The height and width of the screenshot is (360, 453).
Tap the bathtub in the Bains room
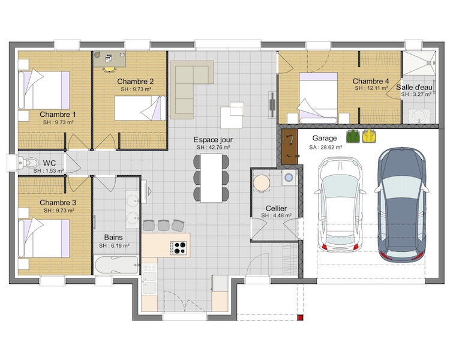click(116, 265)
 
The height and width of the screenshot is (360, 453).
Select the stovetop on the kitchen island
click(178, 248)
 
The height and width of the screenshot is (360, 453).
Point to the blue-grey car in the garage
click(402, 203)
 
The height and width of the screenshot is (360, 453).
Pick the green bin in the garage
click(353, 136)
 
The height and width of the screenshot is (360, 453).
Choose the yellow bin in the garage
click(369, 136)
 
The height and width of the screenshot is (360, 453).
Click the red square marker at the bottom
click(300, 318)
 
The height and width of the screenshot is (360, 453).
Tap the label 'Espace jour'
click(213, 140)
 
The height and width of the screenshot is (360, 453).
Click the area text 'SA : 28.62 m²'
click(326, 148)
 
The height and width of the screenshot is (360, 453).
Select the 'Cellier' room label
click(276, 208)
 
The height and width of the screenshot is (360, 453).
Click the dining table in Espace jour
click(211, 178)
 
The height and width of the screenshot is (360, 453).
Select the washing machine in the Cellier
click(289, 178)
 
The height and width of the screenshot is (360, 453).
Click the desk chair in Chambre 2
click(109, 70)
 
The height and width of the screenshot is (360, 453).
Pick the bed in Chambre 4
click(319, 98)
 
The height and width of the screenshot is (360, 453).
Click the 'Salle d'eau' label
click(414, 87)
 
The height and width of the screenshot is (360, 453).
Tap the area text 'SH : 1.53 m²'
click(49, 171)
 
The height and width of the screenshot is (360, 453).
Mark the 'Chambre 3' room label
click(58, 203)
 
